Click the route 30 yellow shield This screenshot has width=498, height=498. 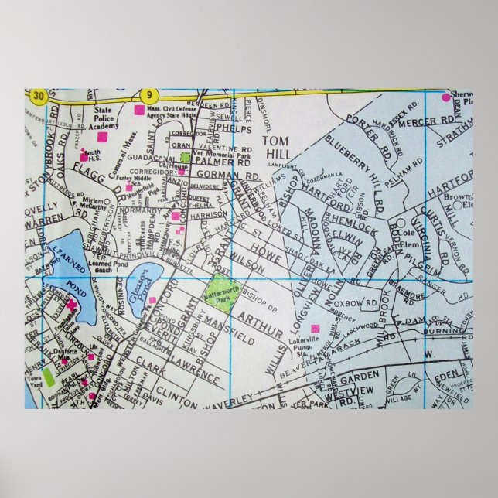click(39, 97)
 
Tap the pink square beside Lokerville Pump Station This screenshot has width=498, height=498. click(315, 329)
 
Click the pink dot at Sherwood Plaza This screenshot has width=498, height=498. click(445, 97)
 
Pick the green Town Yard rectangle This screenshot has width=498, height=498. click(49, 377)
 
